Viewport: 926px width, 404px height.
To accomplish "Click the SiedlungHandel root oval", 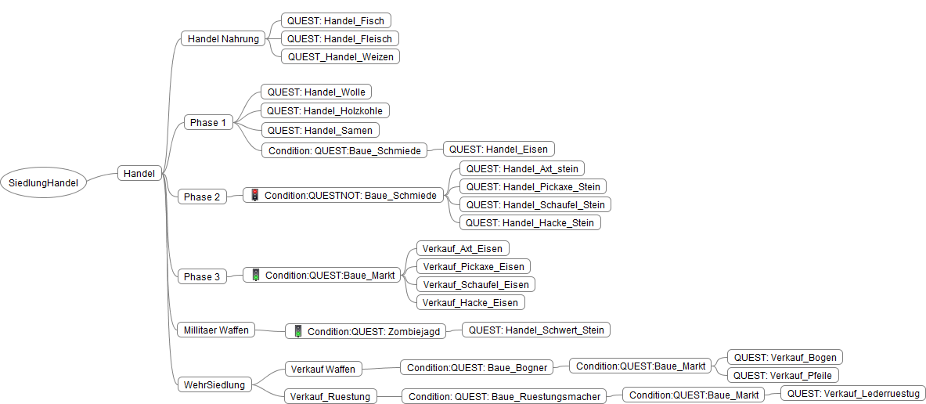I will click(44, 182).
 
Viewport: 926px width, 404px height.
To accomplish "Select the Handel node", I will click(139, 173).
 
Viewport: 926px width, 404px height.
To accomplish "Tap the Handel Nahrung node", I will click(223, 38).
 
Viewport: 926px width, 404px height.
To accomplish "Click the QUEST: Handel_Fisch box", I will click(336, 20).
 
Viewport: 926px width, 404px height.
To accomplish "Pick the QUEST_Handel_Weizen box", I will click(340, 56).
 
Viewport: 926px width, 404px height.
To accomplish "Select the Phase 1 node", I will click(207, 122).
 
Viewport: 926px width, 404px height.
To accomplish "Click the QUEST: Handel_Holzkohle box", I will click(325, 111).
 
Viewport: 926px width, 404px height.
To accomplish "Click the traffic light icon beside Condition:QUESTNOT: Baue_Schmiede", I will click(254, 195).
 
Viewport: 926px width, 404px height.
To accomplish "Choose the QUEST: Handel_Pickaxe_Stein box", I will click(532, 186).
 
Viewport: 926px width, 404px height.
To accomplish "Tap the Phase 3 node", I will click(202, 276).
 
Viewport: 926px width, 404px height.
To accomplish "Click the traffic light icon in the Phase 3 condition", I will click(255, 275).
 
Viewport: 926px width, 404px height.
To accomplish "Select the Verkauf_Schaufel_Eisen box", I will click(476, 284).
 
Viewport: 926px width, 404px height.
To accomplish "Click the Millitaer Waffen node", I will click(216, 330).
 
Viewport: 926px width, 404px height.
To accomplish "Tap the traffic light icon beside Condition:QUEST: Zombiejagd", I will click(297, 331).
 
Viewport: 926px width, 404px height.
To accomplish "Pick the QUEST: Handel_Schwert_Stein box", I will click(536, 330).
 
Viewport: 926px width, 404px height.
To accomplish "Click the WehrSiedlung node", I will click(214, 384).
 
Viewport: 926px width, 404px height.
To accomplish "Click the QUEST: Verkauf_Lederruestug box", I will click(853, 393).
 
